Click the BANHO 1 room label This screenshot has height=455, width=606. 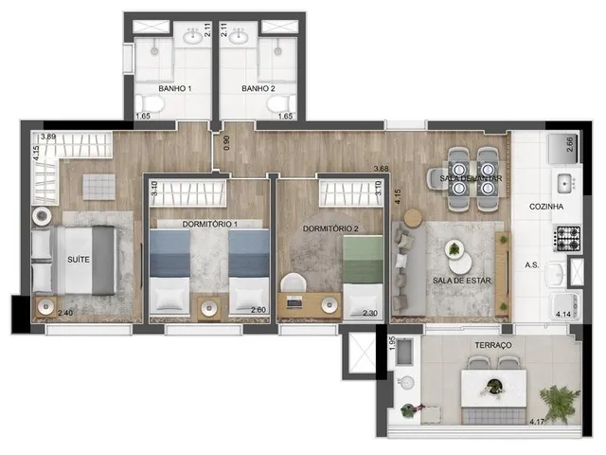[175, 88]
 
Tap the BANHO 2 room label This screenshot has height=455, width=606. [258, 88]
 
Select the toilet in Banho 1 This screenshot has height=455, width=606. [150, 103]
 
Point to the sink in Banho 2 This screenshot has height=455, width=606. [238, 38]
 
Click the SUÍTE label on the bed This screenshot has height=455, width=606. [79, 260]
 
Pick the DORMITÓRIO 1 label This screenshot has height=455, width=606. [210, 224]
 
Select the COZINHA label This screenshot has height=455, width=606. [546, 207]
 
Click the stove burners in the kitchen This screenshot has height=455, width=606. [567, 238]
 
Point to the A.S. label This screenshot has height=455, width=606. [532, 265]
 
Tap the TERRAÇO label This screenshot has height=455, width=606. [493, 345]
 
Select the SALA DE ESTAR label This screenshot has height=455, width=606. [462, 281]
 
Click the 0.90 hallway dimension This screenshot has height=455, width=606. [226, 142]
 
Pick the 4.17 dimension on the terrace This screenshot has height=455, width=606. [537, 421]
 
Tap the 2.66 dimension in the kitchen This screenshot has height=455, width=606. [570, 145]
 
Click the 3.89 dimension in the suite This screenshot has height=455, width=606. [48, 136]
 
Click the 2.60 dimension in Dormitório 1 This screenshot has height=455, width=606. [258, 310]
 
